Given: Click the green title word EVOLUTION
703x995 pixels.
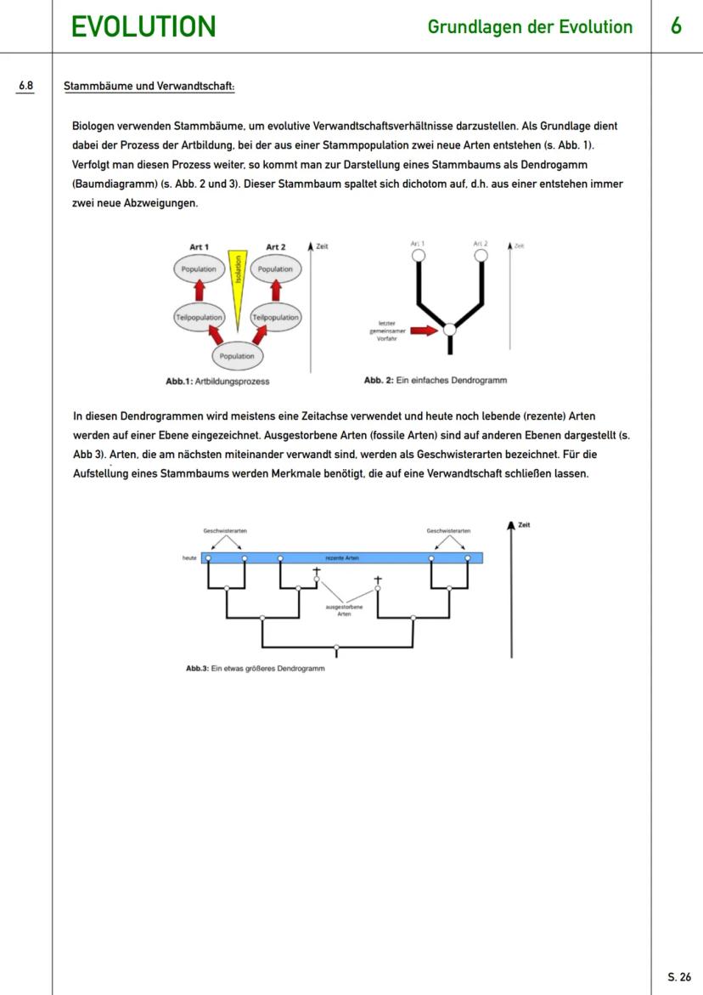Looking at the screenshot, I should tap(143, 27).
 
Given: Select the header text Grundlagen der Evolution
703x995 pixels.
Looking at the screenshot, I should tap(530, 27).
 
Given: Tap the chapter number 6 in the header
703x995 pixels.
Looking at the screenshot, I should tap(676, 26).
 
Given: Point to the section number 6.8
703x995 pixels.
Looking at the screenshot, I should tap(26, 86).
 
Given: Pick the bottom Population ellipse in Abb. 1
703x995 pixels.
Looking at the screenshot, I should tap(238, 356).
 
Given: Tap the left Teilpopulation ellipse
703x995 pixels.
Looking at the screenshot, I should tap(200, 317).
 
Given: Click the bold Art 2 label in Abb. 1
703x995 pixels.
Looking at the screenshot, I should tap(275, 247).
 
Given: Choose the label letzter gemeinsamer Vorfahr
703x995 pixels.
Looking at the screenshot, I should tap(384, 331).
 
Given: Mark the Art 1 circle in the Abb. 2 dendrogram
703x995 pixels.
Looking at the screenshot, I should tap(417, 255).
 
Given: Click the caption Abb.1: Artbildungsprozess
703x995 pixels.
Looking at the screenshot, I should tap(218, 382).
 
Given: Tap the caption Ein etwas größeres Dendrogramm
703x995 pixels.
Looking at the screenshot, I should tap(255, 668).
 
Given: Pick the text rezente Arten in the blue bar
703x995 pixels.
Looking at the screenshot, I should tap(342, 558).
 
